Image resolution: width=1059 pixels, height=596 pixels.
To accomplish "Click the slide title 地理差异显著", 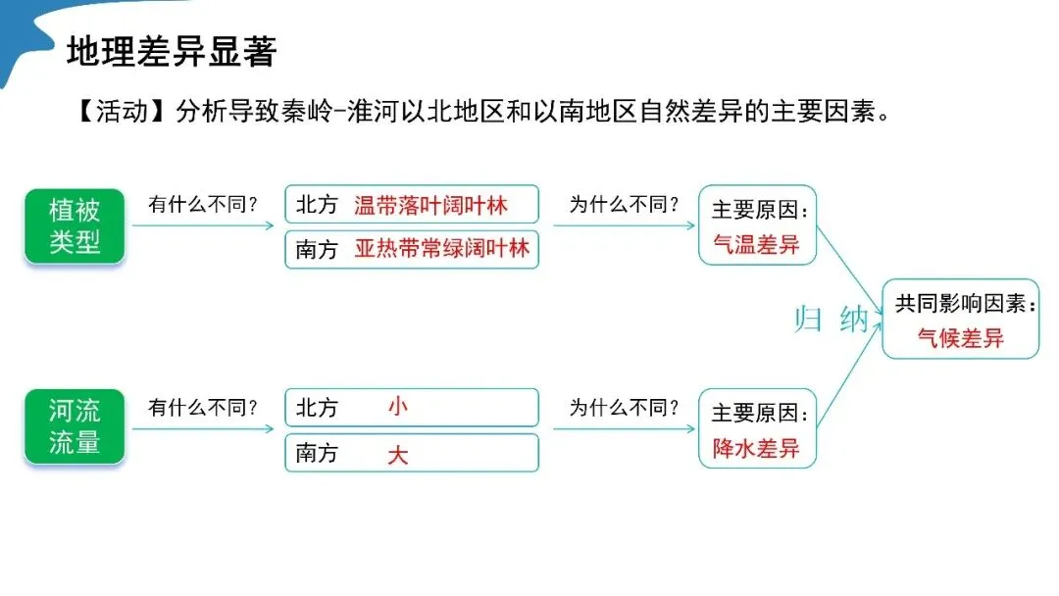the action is click(172, 52).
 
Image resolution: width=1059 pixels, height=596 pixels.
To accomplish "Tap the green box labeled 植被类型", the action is click(75, 225).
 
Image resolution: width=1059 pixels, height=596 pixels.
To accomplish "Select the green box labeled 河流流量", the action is click(75, 426).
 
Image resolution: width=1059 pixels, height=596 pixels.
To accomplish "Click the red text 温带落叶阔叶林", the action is click(431, 205).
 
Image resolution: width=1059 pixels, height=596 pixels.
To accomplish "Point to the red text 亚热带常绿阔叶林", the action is click(441, 249).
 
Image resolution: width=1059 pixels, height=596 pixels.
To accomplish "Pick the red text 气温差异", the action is click(756, 244).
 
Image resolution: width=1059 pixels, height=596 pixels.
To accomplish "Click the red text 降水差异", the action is click(756, 449).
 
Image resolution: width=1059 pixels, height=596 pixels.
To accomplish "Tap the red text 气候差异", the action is click(960, 339).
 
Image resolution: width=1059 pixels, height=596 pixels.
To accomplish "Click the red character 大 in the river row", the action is click(397, 454).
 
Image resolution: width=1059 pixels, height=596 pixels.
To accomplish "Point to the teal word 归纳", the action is click(832, 320).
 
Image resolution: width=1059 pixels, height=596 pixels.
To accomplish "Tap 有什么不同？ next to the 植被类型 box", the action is click(203, 205).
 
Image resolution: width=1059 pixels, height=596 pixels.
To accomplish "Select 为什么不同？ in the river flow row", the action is click(625, 407).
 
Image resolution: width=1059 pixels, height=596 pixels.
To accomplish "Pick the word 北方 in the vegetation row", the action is click(317, 205).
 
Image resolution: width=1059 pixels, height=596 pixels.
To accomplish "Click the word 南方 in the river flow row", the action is click(317, 453).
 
